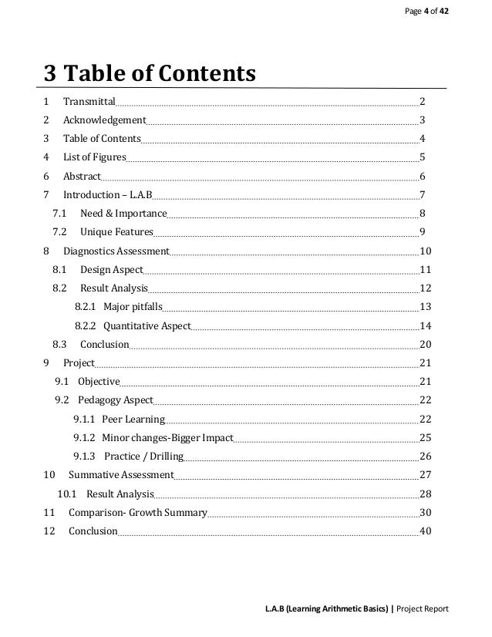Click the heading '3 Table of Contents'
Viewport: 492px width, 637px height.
click(x=149, y=76)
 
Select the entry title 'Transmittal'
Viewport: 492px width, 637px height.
click(x=89, y=102)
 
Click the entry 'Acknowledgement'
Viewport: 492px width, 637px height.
click(x=104, y=120)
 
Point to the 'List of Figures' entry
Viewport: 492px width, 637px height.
click(x=94, y=158)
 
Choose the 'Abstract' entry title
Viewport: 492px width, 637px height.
click(x=82, y=177)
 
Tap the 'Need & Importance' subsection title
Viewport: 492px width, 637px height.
click(x=123, y=213)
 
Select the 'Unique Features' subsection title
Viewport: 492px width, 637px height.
click(x=116, y=231)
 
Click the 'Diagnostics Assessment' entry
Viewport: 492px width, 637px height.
click(x=116, y=251)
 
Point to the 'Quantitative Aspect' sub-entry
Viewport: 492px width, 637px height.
click(x=147, y=325)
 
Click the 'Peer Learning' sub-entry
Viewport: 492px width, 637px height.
click(x=133, y=420)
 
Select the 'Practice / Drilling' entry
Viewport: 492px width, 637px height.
click(x=143, y=457)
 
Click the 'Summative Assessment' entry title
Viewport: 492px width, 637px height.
click(x=121, y=475)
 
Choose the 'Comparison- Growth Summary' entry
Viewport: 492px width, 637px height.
click(x=137, y=512)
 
